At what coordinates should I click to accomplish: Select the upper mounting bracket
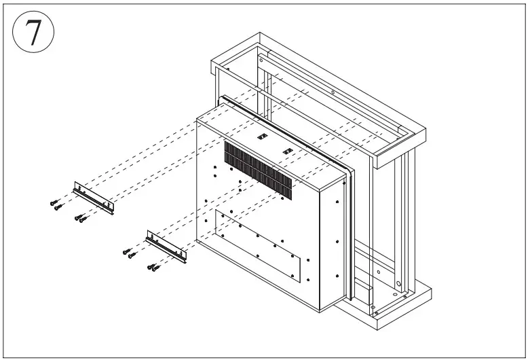pyautogui.click(x=94, y=197)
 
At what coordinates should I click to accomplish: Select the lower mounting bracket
pyautogui.click(x=166, y=247)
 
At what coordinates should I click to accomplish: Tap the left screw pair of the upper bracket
pyautogui.click(x=56, y=204)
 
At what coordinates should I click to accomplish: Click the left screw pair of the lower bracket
pyautogui.click(x=129, y=253)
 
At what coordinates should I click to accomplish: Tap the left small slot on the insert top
pyautogui.click(x=260, y=135)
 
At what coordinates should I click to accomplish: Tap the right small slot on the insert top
pyautogui.click(x=287, y=150)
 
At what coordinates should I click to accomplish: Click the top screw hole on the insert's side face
pyautogui.click(x=337, y=202)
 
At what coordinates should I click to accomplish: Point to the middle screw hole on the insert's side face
pyautogui.click(x=337, y=241)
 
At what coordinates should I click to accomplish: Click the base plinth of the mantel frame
pyautogui.click(x=400, y=306)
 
